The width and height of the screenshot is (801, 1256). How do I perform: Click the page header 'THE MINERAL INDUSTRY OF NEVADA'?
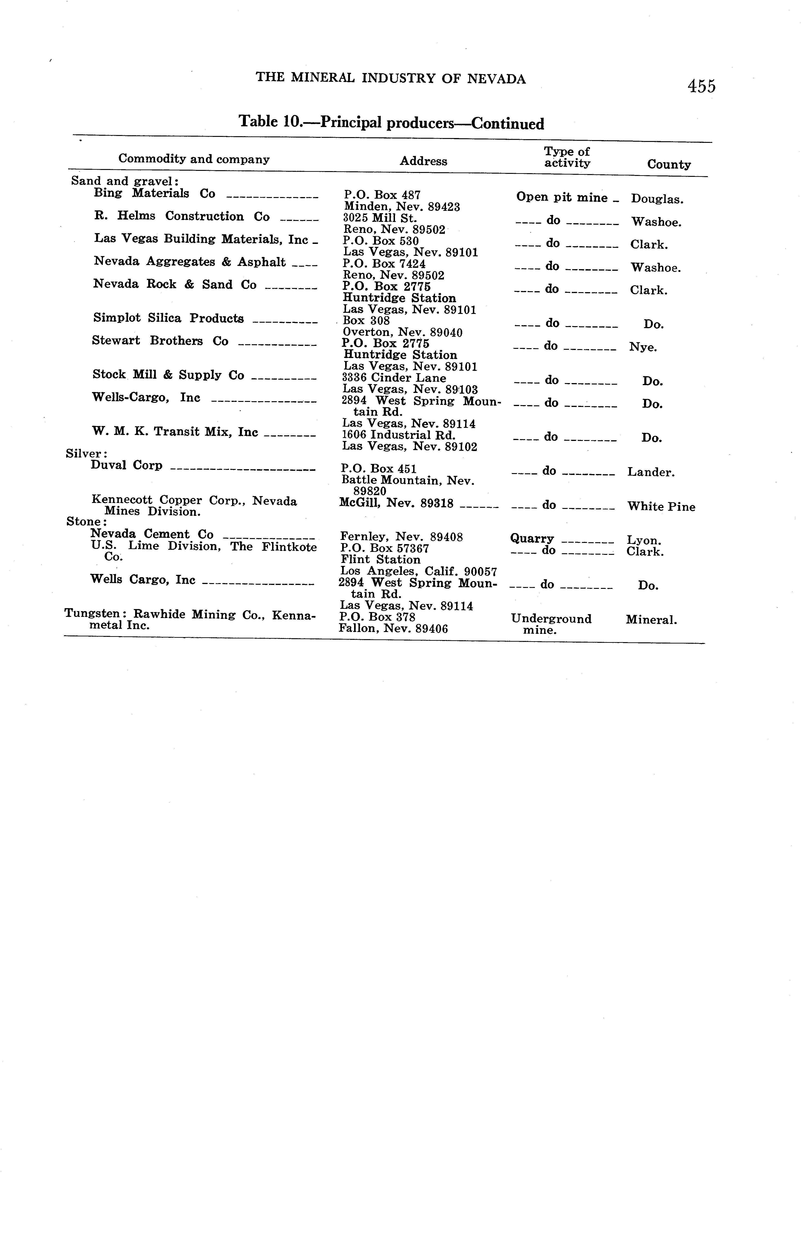tap(390, 79)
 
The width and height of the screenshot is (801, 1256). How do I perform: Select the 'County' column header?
tap(668, 165)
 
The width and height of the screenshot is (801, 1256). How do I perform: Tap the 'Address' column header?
tap(423, 161)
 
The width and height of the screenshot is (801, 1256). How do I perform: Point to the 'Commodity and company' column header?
tap(194, 159)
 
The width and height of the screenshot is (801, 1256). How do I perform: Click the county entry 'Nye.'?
tap(643, 347)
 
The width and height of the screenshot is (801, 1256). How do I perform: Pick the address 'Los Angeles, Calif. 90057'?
tap(418, 572)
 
